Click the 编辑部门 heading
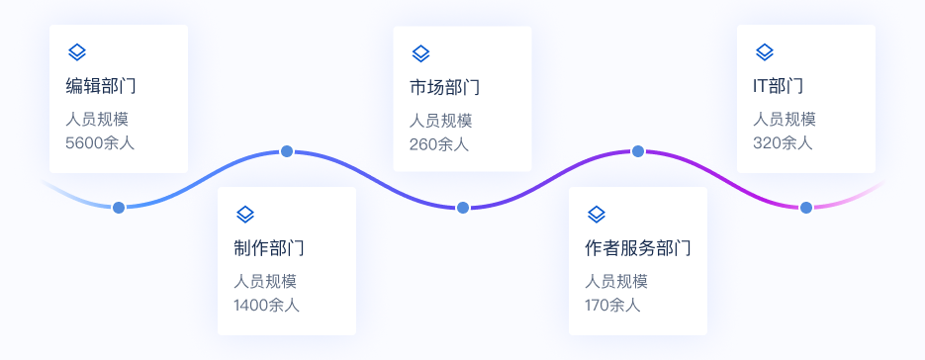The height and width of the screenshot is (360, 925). click(101, 86)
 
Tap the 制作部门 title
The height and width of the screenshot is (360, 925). click(269, 248)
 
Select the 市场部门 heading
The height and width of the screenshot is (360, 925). click(445, 87)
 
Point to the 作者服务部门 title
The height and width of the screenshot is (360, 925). click(638, 248)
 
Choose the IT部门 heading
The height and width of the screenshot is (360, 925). click(779, 86)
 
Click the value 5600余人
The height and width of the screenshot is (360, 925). click(100, 142)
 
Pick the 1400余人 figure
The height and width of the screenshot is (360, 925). click(267, 306)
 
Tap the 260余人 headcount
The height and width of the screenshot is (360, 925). click(439, 144)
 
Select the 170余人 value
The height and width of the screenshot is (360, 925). click(612, 306)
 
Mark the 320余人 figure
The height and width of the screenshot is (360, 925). click(783, 142)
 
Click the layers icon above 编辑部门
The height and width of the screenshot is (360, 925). click(77, 52)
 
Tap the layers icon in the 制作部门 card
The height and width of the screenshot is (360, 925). click(245, 215)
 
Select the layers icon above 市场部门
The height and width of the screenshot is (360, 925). click(420, 53)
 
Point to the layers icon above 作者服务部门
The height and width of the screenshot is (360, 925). click(597, 215)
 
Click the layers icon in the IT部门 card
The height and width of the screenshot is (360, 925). click(765, 52)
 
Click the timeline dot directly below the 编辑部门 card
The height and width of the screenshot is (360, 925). click(119, 208)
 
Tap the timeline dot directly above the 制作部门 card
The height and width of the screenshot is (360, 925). click(287, 151)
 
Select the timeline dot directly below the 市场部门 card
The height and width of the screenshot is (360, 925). click(463, 208)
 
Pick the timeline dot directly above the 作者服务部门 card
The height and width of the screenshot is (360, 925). click(638, 151)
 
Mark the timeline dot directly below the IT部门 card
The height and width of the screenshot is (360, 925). click(806, 207)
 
